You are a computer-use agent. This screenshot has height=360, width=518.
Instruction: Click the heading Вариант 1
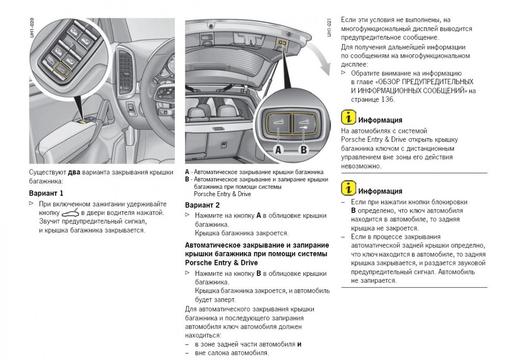click(46, 193)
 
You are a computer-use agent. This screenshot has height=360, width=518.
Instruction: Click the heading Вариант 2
click(202, 205)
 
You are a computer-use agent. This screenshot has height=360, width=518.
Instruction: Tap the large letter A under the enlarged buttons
click(278, 150)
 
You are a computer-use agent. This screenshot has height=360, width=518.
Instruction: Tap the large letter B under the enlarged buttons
click(303, 150)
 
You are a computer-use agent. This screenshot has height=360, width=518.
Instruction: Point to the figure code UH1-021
click(329, 27)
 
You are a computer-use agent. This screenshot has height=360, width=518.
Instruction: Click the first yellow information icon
click(348, 117)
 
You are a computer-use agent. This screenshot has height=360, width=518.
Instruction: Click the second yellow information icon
click(348, 188)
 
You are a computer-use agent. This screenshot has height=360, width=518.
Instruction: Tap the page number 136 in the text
click(387, 99)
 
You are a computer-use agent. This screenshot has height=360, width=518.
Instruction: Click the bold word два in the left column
click(74, 172)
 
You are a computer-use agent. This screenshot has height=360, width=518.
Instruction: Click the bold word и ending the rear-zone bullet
click(299, 344)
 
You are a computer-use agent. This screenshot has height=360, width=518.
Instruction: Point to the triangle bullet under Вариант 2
click(187, 215)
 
